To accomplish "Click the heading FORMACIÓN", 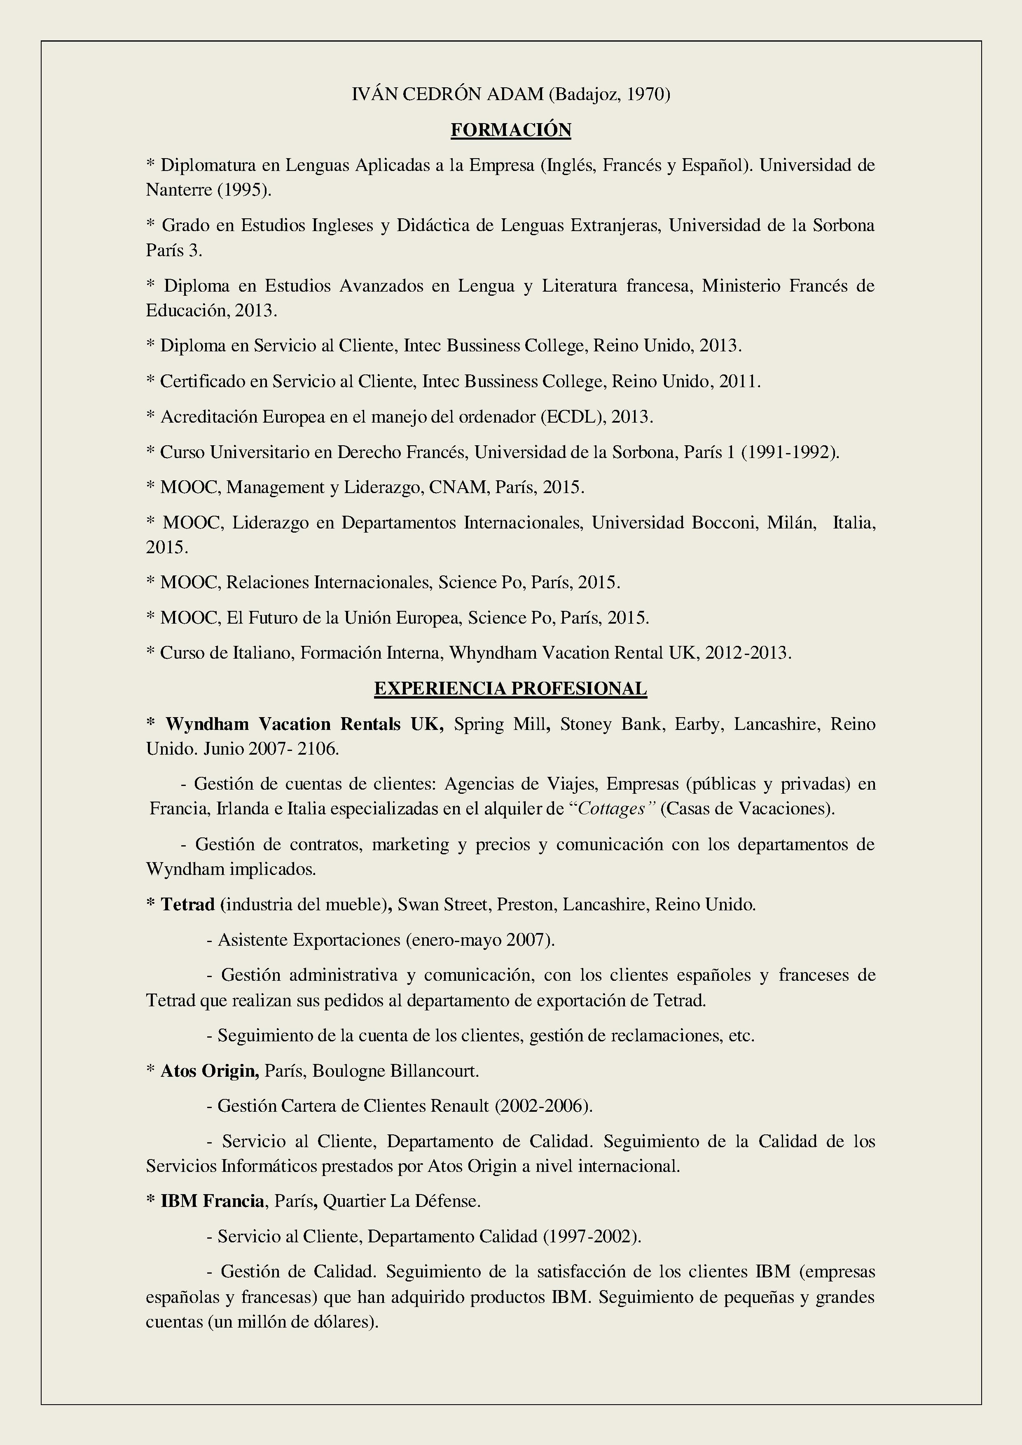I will [510, 130].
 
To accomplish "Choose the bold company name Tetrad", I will [187, 905].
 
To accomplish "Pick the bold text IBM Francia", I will [212, 1202].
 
